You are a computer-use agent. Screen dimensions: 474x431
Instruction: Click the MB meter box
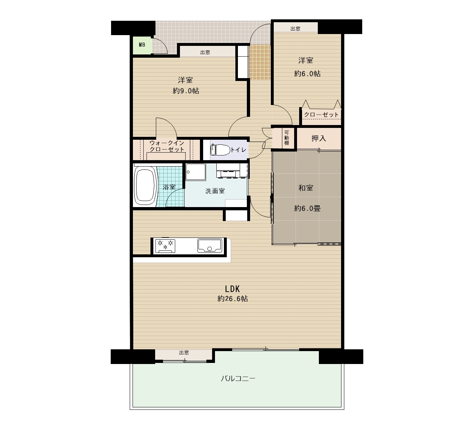point(142,45)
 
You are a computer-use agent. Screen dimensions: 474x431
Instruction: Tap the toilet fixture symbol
point(220,150)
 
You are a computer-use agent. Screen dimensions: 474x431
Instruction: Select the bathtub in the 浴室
point(145,186)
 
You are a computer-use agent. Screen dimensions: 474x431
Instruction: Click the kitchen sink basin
point(210,245)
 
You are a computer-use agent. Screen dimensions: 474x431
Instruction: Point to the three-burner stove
point(165,245)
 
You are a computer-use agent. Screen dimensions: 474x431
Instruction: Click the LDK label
point(232,289)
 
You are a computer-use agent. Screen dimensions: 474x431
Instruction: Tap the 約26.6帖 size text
point(233,299)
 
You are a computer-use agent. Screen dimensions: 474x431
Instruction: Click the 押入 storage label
point(319,138)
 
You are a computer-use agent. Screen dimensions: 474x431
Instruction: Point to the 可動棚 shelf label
point(286,138)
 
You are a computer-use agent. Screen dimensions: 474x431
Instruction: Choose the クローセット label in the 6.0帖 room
point(321,115)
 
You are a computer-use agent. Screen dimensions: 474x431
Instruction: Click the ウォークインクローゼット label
point(167,146)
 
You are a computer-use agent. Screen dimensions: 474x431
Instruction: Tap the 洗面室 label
point(215,191)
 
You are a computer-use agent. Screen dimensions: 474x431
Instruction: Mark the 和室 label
point(306,188)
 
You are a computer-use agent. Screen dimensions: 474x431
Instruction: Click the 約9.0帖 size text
point(186,91)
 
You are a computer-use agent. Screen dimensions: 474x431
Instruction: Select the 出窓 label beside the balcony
point(184,353)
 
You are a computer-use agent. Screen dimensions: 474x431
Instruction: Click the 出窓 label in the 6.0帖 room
point(295,29)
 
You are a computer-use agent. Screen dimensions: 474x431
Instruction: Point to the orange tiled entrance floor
point(260,62)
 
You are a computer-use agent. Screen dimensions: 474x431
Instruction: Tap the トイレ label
point(238,150)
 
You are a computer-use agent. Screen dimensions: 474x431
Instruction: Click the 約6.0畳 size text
point(307,209)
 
